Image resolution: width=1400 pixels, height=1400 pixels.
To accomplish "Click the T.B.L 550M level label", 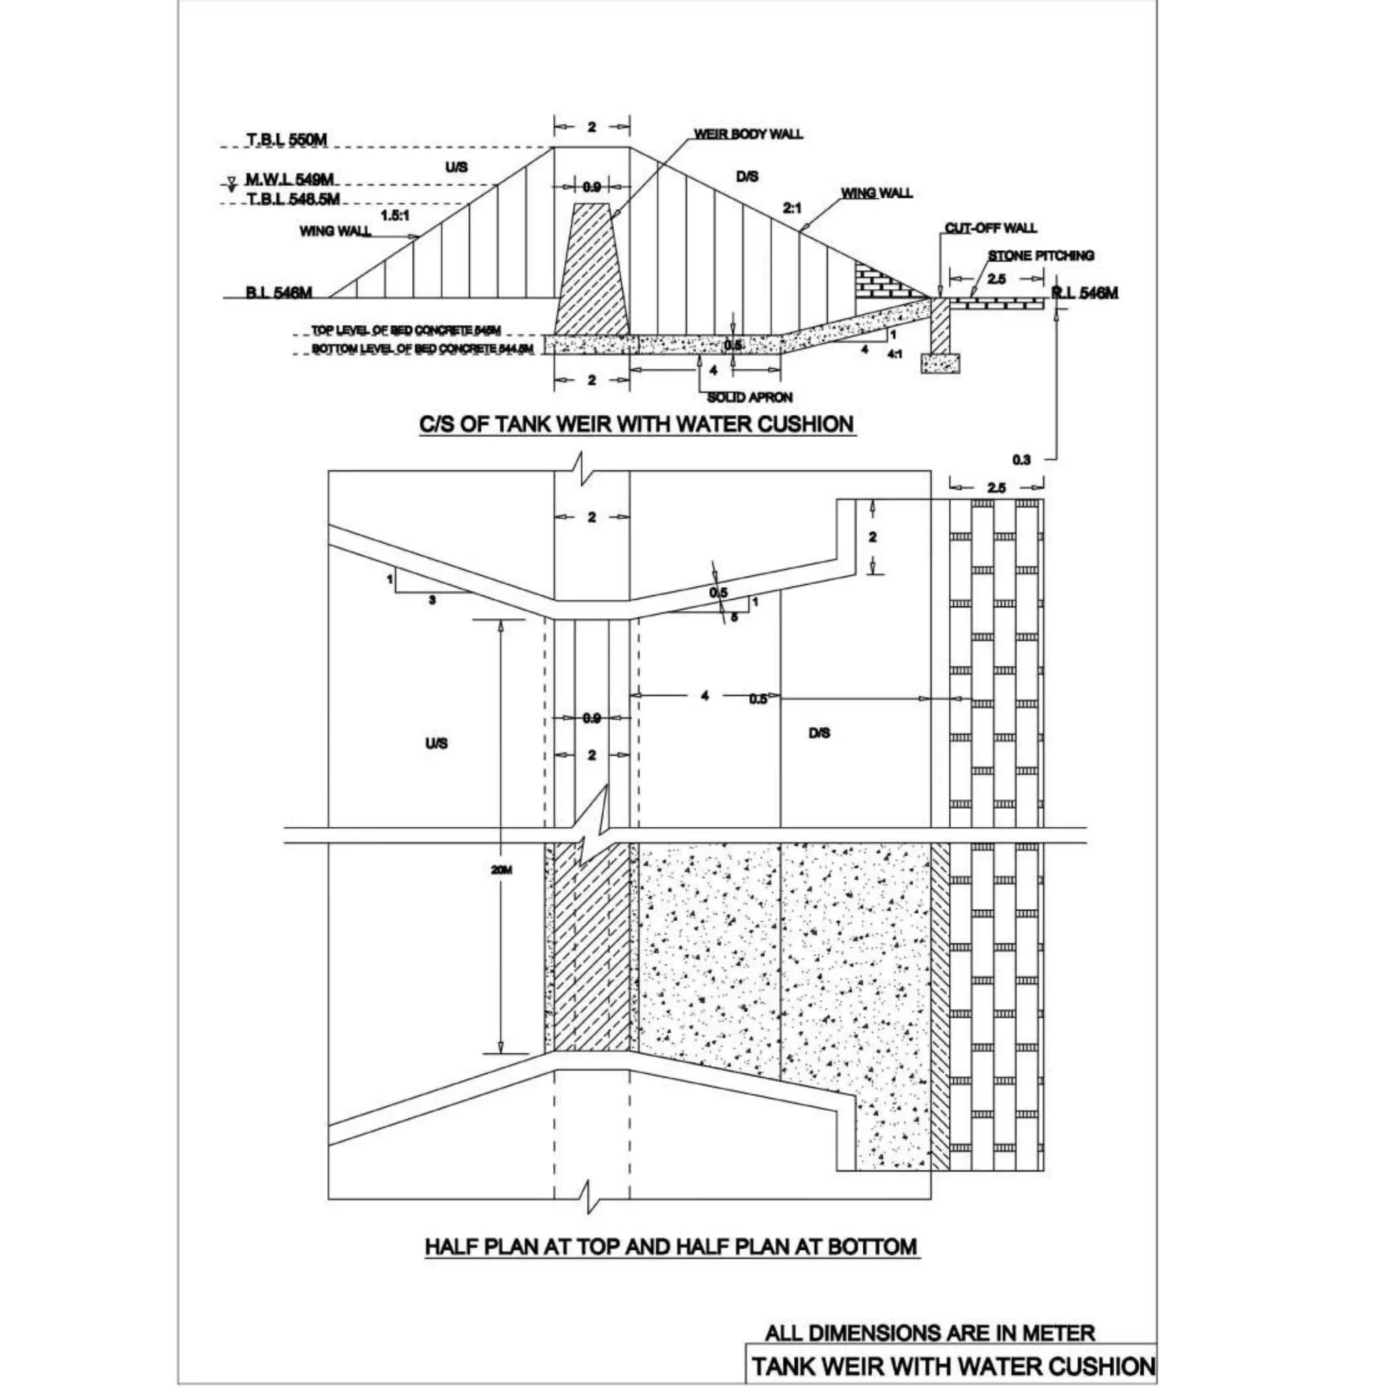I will click(x=286, y=140).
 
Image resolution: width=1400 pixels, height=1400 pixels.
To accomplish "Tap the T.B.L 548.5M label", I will click(x=293, y=198).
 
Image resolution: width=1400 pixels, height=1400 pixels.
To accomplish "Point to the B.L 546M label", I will click(x=278, y=293).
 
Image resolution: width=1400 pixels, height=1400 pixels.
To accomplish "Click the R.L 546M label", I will click(x=1084, y=293).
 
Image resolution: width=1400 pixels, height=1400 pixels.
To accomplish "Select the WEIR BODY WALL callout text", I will click(x=748, y=134).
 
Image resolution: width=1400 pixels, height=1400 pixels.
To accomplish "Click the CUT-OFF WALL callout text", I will click(x=990, y=228).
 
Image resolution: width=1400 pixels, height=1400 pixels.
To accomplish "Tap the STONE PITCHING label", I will click(x=1040, y=255).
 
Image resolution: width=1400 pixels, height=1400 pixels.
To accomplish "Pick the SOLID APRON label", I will click(x=749, y=397).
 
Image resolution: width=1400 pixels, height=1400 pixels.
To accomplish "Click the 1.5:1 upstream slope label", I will click(x=395, y=215).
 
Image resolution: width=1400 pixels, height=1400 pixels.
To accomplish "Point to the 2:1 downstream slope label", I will click(x=792, y=208).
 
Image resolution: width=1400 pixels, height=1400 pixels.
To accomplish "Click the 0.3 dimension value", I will click(x=1021, y=459).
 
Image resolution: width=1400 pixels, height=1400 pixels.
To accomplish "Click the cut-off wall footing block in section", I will click(x=940, y=363).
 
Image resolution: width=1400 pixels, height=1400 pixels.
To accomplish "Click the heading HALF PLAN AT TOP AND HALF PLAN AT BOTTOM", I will click(x=671, y=1246).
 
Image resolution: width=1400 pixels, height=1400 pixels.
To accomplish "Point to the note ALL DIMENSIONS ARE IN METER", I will click(x=930, y=1332).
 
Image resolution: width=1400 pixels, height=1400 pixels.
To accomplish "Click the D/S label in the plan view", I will click(x=819, y=734).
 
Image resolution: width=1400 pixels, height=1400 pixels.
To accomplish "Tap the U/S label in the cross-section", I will click(x=456, y=167).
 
